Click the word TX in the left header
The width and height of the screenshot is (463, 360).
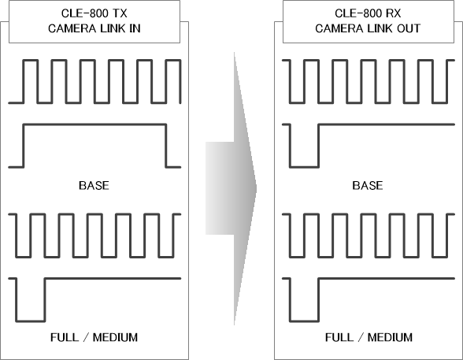click(120, 13)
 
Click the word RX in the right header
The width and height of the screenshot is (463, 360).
click(394, 13)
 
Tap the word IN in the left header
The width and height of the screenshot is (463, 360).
click(135, 28)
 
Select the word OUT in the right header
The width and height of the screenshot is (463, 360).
click(409, 28)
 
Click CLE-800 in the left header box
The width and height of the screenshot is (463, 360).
click(85, 13)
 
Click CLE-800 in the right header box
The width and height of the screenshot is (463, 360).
click(359, 13)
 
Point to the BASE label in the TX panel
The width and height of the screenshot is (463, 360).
click(94, 185)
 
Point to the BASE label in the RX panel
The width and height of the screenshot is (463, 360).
click(368, 185)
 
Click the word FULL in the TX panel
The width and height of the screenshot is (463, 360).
click(65, 337)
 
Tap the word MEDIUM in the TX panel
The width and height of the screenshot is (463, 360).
click(115, 337)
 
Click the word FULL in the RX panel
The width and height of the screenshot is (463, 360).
click(339, 337)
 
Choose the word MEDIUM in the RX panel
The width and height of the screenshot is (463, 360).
click(390, 337)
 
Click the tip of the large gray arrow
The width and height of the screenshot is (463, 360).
click(257, 188)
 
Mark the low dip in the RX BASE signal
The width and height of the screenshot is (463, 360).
click(304, 167)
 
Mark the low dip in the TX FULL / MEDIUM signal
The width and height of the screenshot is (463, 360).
click(31, 321)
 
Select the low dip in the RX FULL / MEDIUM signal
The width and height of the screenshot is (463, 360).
click(304, 321)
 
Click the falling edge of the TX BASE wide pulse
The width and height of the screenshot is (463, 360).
click(166, 146)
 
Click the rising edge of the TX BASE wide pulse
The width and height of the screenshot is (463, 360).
click(24, 146)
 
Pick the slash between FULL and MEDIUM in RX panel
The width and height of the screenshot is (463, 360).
click(361, 337)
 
